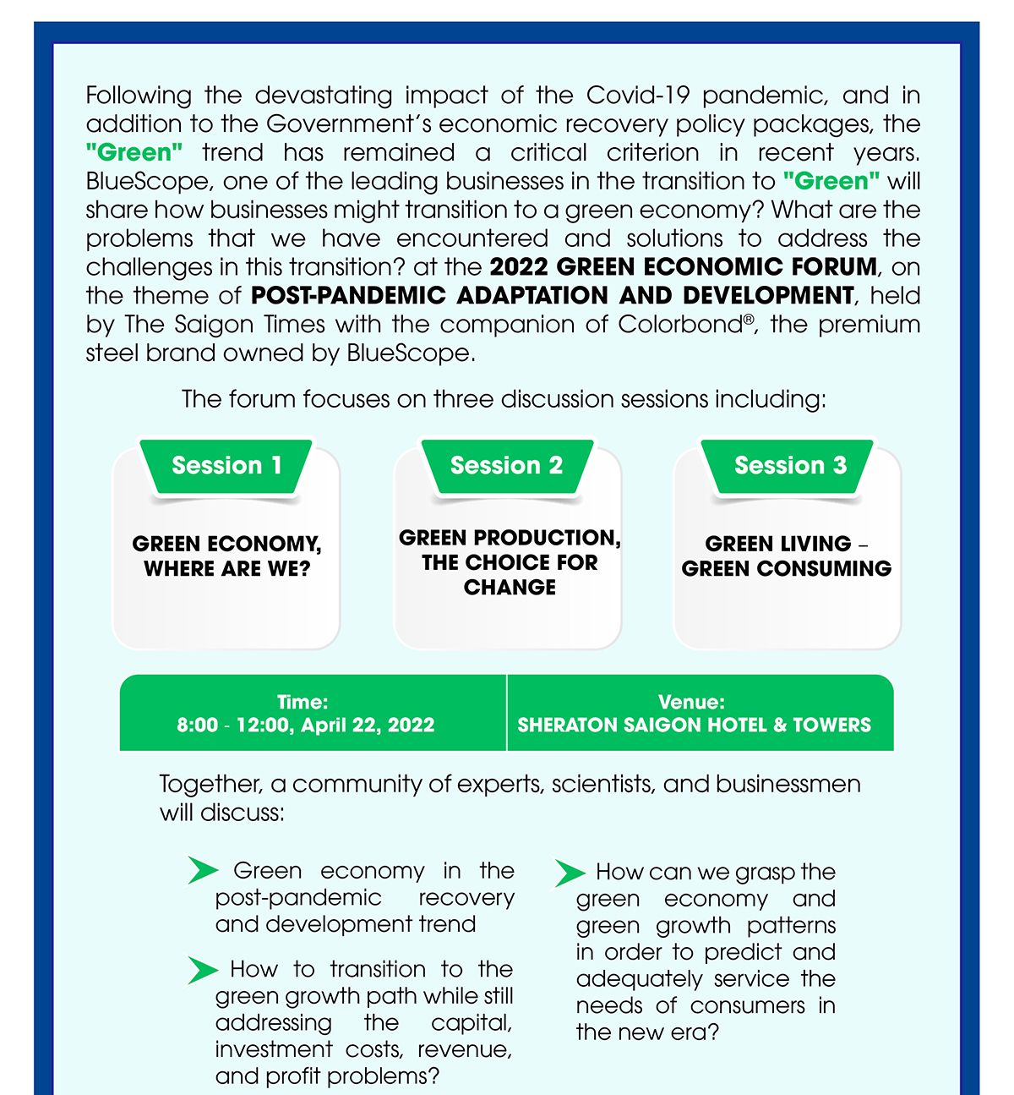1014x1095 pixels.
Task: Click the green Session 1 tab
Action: (226, 465)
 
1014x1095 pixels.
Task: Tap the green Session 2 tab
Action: (506, 465)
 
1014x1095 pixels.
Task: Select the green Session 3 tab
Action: (790, 465)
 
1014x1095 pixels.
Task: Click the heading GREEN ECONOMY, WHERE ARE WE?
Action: (226, 556)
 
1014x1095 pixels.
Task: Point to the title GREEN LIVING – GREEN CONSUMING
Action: (787, 556)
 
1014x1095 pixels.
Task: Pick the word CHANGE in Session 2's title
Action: (510, 587)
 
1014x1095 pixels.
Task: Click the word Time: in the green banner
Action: (303, 702)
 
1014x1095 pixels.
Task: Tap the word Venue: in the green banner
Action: (691, 702)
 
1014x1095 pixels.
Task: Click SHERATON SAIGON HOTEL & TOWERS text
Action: (694, 725)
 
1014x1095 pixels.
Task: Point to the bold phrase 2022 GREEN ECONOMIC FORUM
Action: (683, 267)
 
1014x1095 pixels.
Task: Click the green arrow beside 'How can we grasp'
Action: (570, 873)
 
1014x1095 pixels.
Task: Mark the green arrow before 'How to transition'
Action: (202, 970)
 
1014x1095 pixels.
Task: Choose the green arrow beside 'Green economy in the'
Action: (203, 871)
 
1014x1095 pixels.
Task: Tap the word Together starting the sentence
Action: (210, 784)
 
